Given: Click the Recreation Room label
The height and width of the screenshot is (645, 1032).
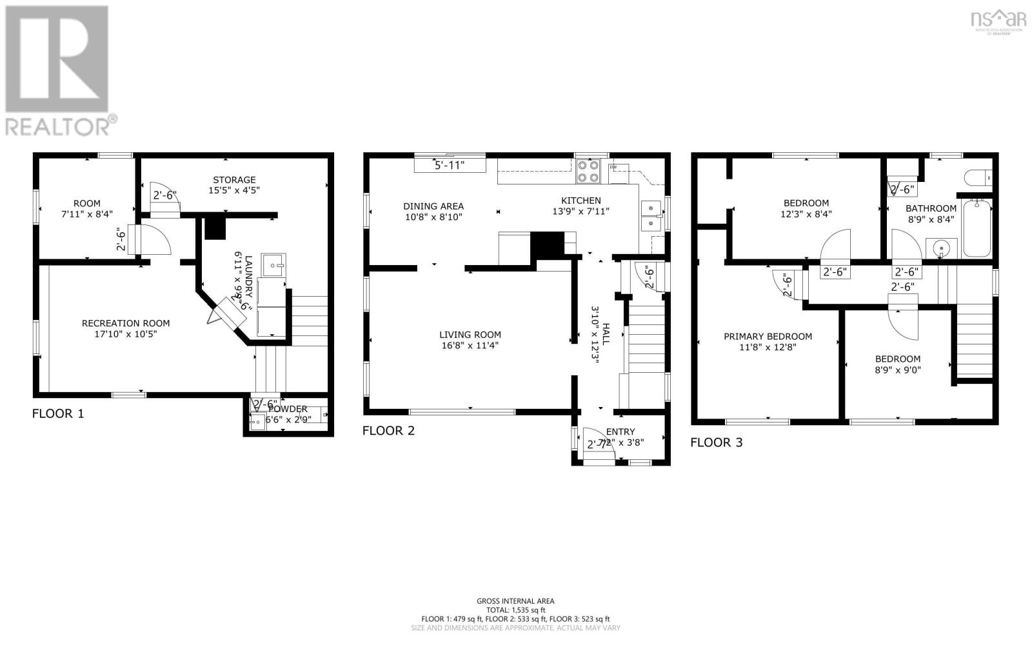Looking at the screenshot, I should [x=126, y=323].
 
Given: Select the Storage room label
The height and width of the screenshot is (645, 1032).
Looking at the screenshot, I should [x=234, y=180].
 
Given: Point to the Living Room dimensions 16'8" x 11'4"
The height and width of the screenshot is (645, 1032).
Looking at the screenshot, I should [x=470, y=346].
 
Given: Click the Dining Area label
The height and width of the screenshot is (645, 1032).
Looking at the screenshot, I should [x=433, y=206].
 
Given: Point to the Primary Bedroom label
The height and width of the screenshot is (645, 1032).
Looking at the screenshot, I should [x=768, y=336].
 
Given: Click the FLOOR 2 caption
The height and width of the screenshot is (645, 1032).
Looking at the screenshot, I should [x=388, y=431].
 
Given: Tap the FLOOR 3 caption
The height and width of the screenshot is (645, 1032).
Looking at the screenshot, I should [x=716, y=442].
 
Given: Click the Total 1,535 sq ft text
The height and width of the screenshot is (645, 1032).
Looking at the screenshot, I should [x=515, y=610].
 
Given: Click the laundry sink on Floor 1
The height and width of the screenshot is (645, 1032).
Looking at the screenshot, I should [x=274, y=264].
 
